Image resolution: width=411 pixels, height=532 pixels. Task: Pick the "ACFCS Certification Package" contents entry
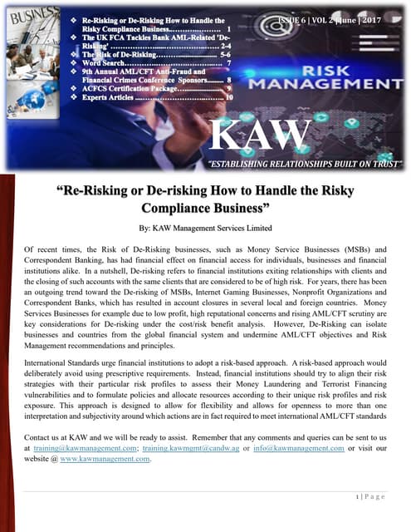144,87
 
